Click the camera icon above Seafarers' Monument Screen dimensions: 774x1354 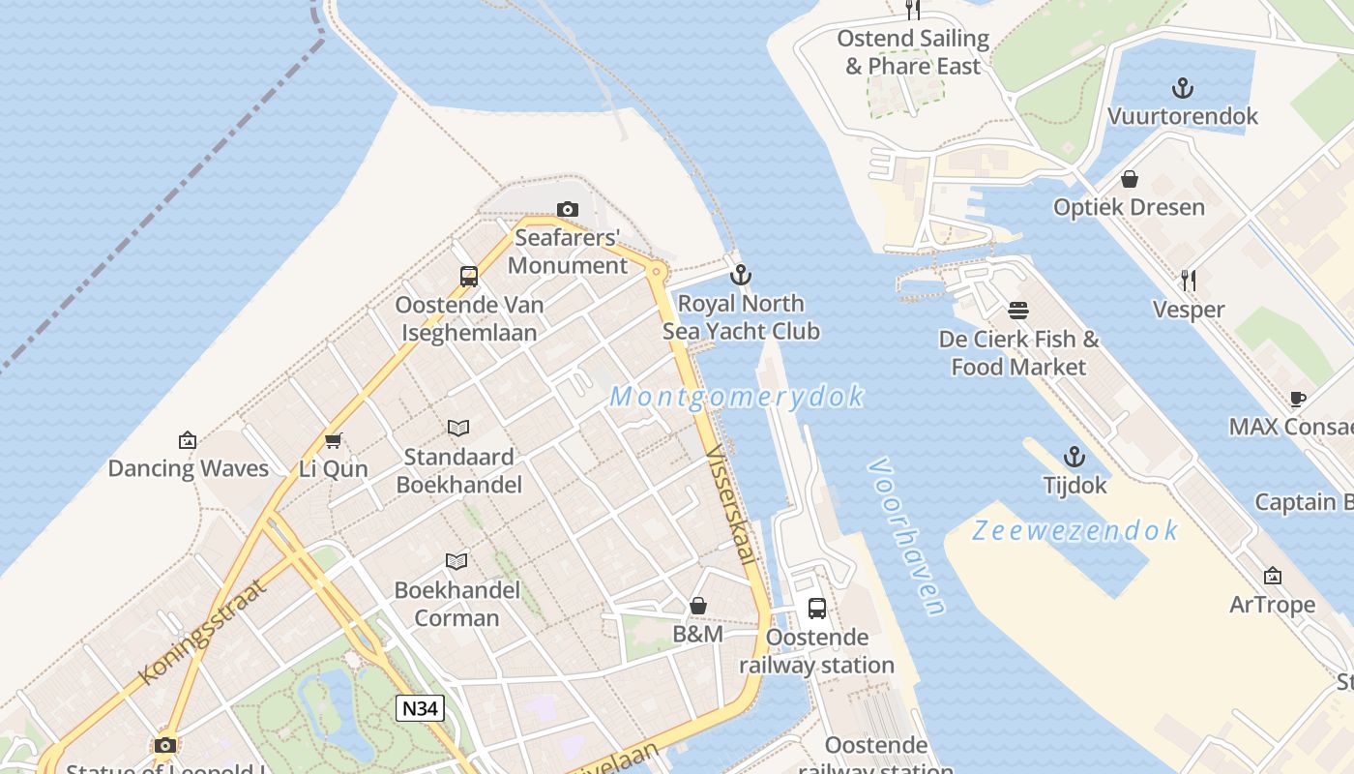click(568, 209)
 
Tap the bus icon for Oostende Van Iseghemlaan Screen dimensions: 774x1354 click(469, 277)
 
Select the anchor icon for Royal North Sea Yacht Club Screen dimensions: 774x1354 click(741, 275)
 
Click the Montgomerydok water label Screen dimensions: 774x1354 click(737, 397)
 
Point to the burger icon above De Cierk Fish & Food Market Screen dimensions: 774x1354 click(1018, 311)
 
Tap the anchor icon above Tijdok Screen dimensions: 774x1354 click(1074, 457)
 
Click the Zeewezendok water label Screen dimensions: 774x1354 click(1075, 530)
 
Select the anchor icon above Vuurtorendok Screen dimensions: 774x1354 click(1182, 89)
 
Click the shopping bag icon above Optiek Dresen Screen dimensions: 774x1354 click(1129, 179)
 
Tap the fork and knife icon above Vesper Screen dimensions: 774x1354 click(1189, 281)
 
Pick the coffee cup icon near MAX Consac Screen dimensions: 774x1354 click(1298, 399)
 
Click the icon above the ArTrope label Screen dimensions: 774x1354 click(1273, 577)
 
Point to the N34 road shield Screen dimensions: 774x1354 click(420, 708)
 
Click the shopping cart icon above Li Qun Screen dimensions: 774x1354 click(334, 441)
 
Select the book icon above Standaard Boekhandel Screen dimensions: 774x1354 click(458, 428)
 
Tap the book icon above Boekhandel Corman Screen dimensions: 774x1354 click(456, 561)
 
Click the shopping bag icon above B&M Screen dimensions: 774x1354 click(698, 607)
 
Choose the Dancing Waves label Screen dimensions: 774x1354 click(188, 468)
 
